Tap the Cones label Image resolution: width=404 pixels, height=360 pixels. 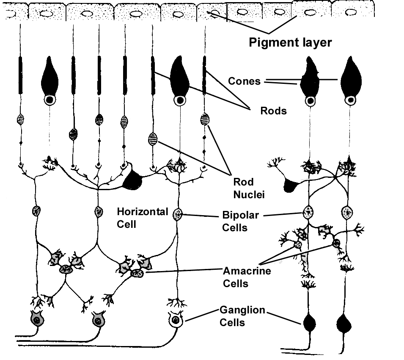click(x=244, y=81)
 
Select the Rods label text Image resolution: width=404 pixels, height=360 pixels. click(x=273, y=111)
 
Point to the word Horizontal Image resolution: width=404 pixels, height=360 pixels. click(x=142, y=212)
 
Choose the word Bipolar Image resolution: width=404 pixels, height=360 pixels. click(x=239, y=215)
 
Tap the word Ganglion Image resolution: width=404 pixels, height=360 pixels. click(x=242, y=310)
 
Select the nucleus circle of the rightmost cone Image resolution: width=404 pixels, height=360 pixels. click(x=350, y=101)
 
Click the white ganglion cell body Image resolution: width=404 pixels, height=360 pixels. click(x=175, y=320)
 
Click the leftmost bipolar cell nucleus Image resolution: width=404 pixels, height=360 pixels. click(x=36, y=210)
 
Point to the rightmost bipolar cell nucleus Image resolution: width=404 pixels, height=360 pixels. click(x=348, y=211)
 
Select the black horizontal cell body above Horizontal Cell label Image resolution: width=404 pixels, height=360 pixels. click(x=135, y=180)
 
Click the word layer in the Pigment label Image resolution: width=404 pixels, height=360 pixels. click(x=315, y=43)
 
